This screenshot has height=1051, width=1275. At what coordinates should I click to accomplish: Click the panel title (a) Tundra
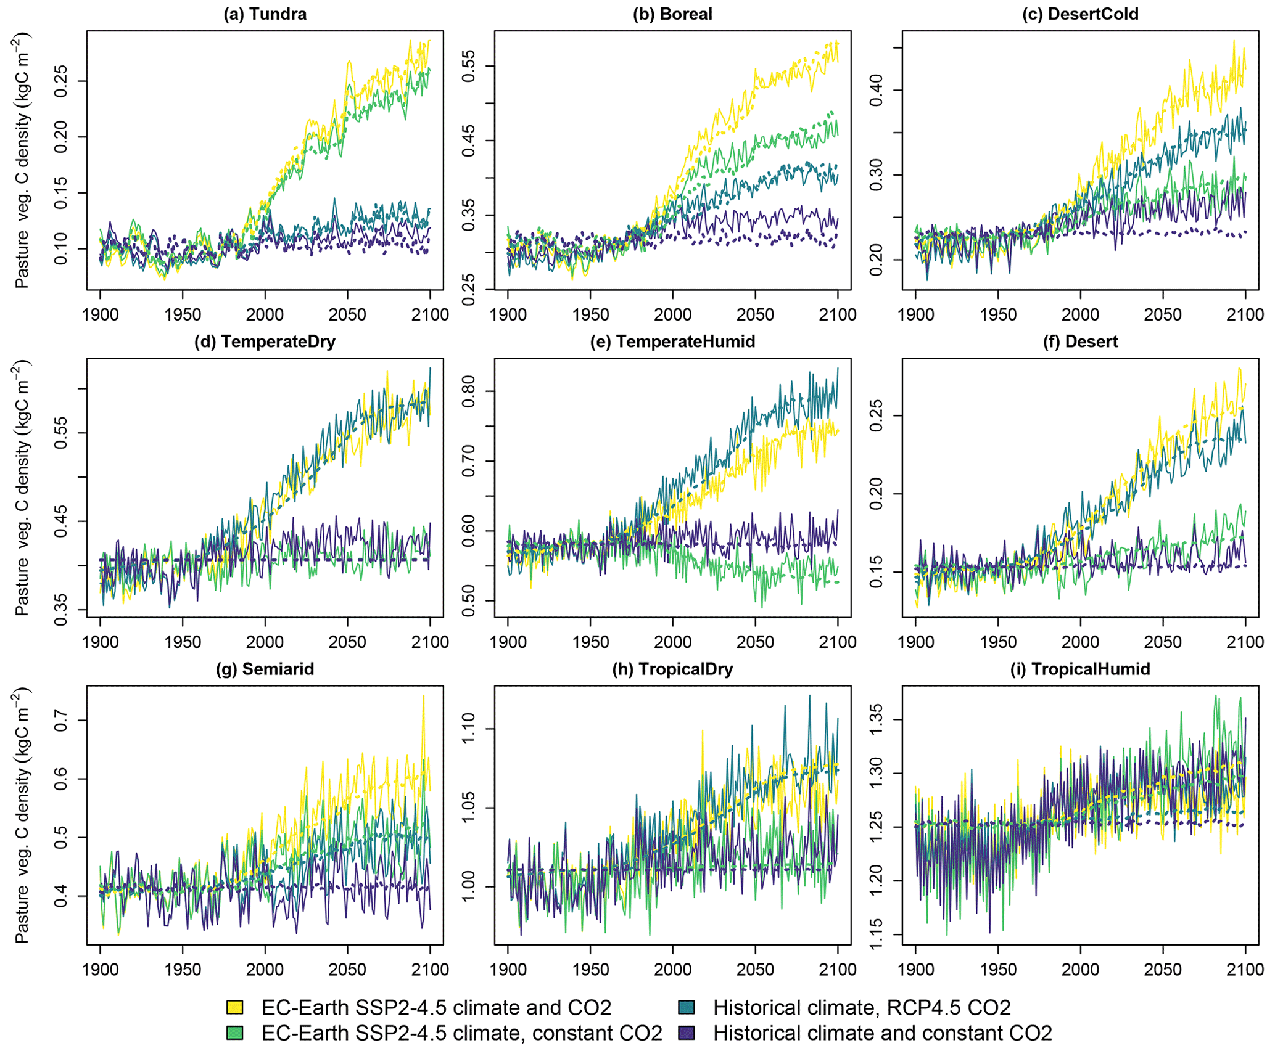click(x=265, y=14)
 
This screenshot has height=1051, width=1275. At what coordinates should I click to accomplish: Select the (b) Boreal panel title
click(x=672, y=14)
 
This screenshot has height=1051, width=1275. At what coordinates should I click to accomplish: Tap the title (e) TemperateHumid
click(x=672, y=341)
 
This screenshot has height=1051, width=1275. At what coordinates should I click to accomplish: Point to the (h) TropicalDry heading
click(x=672, y=669)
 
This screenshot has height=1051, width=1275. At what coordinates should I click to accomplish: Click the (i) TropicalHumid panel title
click(x=1080, y=669)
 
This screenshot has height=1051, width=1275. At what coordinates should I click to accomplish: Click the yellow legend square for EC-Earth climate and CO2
click(x=235, y=1007)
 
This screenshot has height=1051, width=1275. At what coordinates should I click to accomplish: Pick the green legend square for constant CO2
click(x=235, y=1033)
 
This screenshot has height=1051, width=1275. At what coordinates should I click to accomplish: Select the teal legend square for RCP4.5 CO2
click(x=687, y=1007)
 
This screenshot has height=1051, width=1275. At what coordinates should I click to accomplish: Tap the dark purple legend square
click(x=687, y=1033)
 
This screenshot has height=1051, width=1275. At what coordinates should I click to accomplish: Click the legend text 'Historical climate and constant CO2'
click(x=883, y=1033)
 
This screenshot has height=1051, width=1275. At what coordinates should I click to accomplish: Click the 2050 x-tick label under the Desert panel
click(x=1163, y=642)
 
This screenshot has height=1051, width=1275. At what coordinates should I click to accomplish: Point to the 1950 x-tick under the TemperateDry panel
click(x=183, y=642)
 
